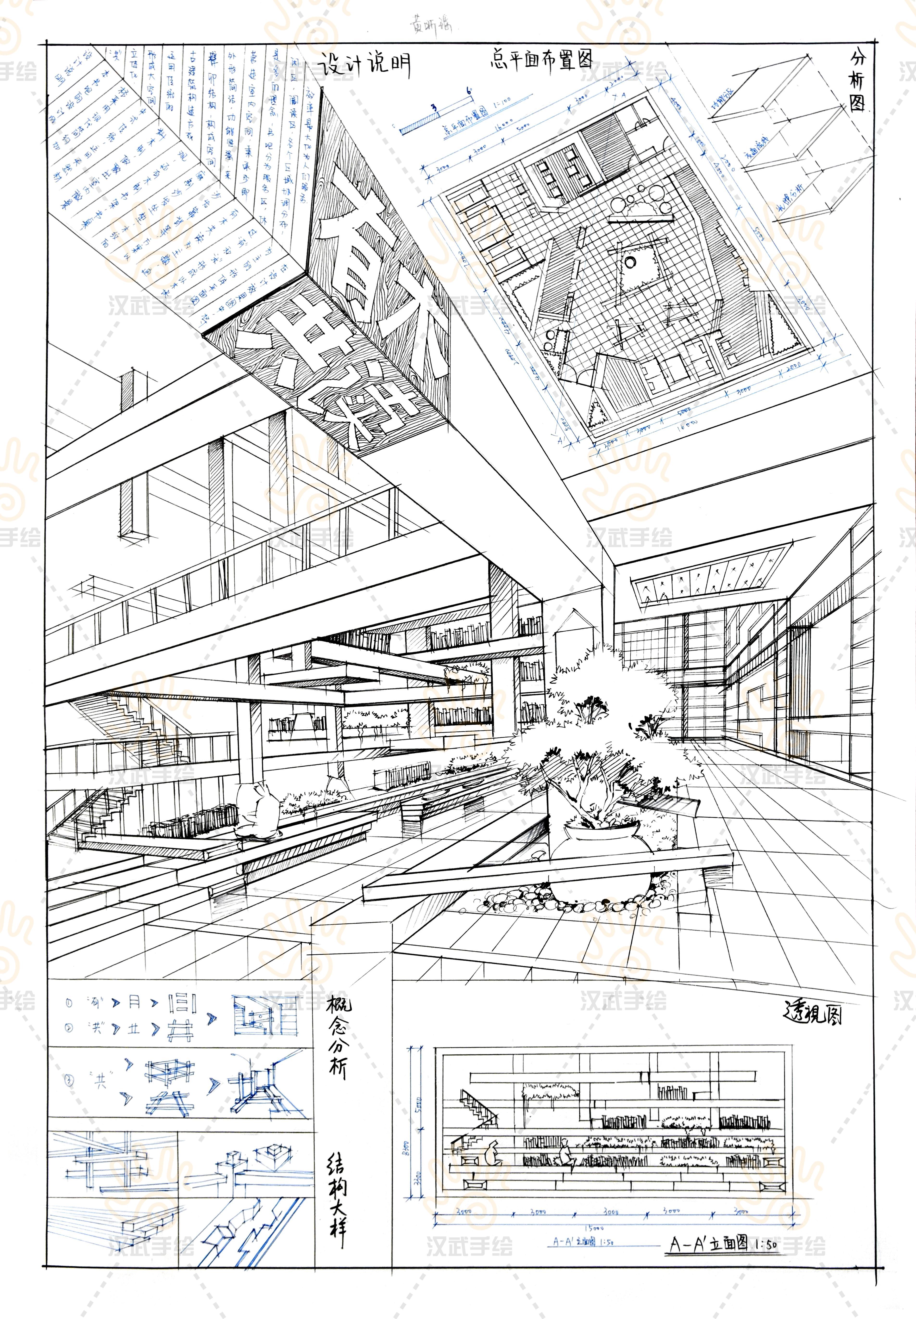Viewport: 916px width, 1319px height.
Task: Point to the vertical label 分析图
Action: tap(858, 80)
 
